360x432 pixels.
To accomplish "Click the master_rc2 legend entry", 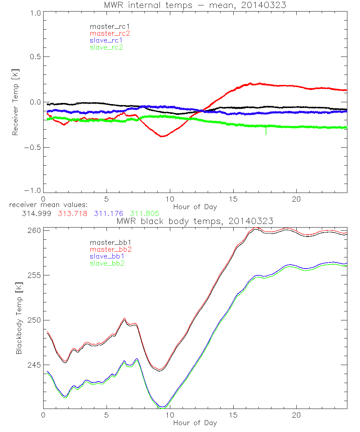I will point(110,33).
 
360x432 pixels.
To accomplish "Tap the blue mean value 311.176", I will point(108,213).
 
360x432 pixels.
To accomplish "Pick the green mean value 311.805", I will point(144,213).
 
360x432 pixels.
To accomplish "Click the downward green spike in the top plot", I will point(266,131).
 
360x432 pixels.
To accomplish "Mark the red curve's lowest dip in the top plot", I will point(162,136).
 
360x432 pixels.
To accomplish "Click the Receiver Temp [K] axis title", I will point(15,102).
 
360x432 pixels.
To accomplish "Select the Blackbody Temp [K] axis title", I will point(19,320).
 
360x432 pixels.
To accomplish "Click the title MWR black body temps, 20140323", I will point(195,221).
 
